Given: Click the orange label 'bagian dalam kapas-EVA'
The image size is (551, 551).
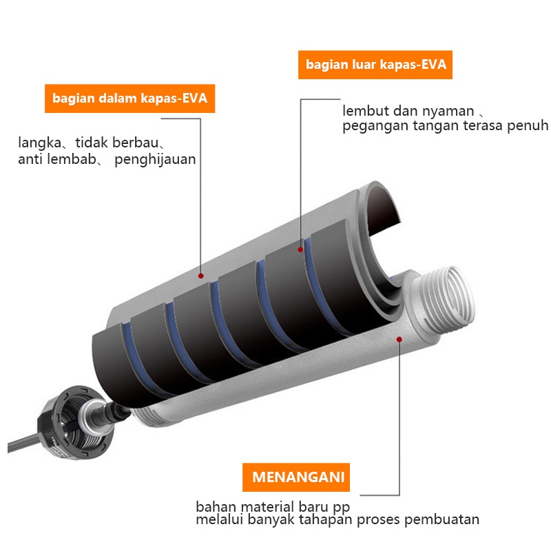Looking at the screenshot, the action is tap(129, 99).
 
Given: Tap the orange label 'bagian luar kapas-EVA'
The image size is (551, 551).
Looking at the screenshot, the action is tap(375, 65).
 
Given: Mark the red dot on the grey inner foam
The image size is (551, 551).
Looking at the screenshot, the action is tap(201, 275).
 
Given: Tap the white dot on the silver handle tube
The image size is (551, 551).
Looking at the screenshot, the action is tap(400, 338).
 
